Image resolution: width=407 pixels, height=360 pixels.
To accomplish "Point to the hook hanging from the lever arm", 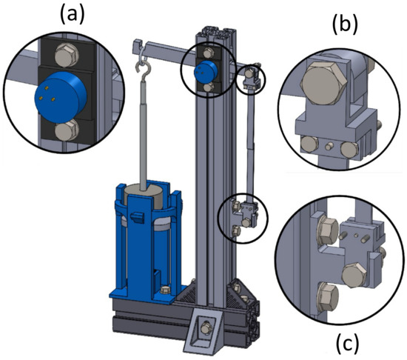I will point(140,71).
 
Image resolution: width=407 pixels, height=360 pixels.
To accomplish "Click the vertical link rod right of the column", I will point(252,141).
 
